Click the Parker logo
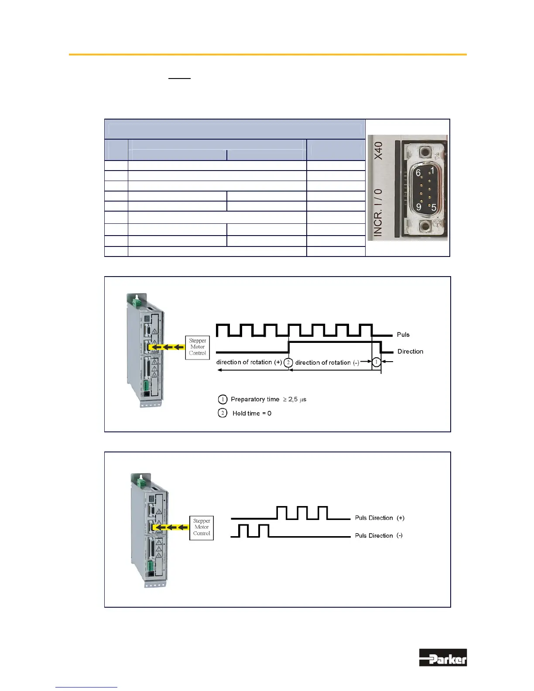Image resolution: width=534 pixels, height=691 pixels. click(x=443, y=657)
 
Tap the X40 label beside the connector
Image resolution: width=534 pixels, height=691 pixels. click(x=378, y=151)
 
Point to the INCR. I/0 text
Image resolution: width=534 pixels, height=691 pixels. click(x=378, y=212)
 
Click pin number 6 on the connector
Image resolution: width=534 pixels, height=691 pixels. click(x=418, y=173)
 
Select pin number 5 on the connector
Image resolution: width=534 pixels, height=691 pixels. click(x=434, y=207)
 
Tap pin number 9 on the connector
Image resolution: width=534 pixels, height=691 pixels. click(x=418, y=206)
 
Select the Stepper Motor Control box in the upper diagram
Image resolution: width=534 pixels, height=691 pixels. click(x=198, y=347)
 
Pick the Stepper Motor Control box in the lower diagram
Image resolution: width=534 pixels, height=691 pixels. click(x=202, y=527)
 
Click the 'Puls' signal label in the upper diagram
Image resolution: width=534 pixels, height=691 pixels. click(x=403, y=335)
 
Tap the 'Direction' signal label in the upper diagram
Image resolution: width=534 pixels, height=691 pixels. click(x=410, y=352)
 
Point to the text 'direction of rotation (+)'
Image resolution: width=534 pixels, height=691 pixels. click(x=249, y=362)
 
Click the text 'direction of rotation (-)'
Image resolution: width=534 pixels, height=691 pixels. click(x=327, y=363)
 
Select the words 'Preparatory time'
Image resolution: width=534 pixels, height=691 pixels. click(x=255, y=399)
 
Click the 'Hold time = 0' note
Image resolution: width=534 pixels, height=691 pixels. click(x=252, y=413)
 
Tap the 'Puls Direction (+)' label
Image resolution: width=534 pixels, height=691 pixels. click(x=380, y=518)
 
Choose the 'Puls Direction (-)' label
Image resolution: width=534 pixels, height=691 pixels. click(x=379, y=536)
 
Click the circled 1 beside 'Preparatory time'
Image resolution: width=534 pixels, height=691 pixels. click(x=222, y=399)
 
